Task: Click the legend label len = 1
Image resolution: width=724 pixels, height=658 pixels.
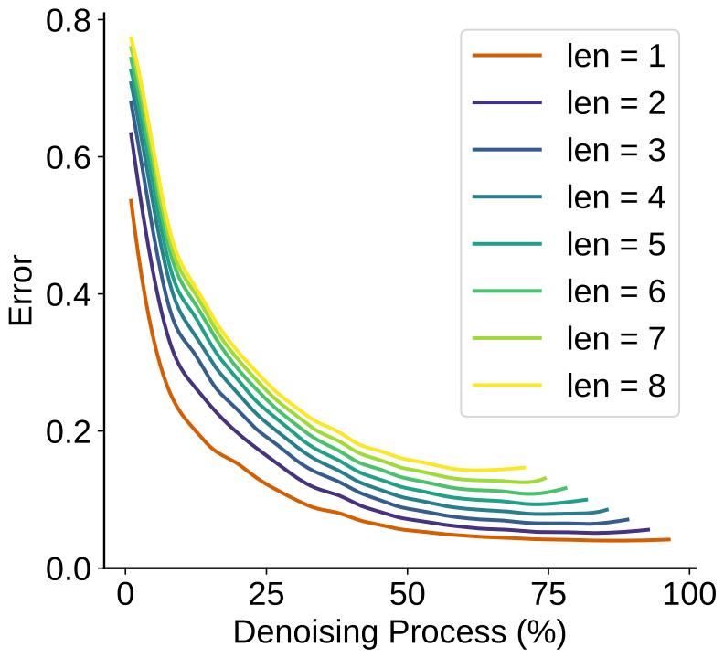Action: pyautogui.click(x=615, y=56)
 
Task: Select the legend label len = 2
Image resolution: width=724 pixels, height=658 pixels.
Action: pyautogui.click(x=615, y=103)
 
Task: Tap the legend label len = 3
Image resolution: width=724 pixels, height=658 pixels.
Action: pyautogui.click(x=615, y=150)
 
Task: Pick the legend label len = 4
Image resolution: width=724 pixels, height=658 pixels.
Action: pyautogui.click(x=615, y=197)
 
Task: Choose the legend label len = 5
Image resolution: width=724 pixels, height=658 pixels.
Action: pyautogui.click(x=615, y=245)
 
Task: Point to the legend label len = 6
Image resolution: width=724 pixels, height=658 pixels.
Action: pyautogui.click(x=615, y=292)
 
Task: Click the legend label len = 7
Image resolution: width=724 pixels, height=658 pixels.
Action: pyautogui.click(x=615, y=339)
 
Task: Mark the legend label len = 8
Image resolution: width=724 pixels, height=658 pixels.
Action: pyautogui.click(x=615, y=386)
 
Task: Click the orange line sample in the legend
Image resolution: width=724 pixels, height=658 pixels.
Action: pyautogui.click(x=507, y=57)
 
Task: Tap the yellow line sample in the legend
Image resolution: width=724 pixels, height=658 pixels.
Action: pyautogui.click(x=507, y=387)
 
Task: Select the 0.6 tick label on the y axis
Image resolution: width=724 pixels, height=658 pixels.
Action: pyautogui.click(x=69, y=157)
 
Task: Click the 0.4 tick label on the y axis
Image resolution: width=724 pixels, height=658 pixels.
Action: pyautogui.click(x=69, y=294)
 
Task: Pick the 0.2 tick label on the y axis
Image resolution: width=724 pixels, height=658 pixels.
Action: pyautogui.click(x=69, y=431)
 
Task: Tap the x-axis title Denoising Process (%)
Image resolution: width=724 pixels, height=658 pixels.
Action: pyautogui.click(x=399, y=633)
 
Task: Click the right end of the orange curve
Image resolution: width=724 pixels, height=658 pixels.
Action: pyautogui.click(x=669, y=539)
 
